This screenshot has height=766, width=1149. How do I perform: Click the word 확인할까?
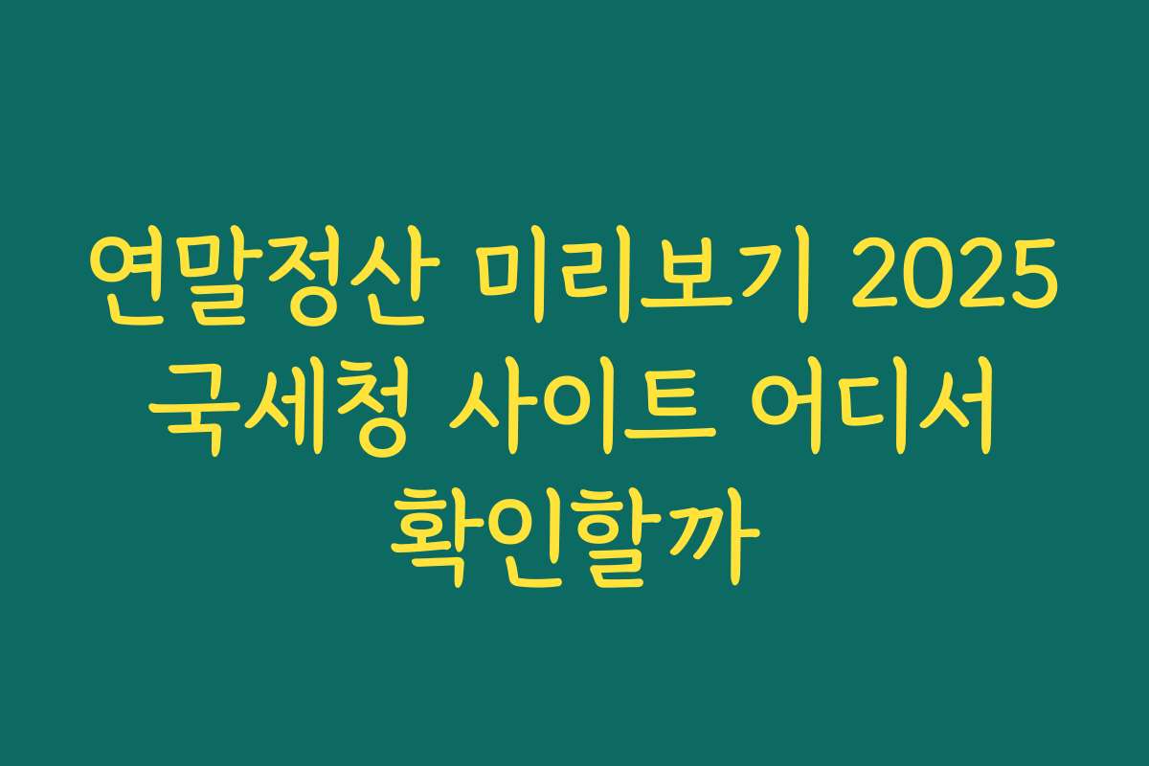[574, 532]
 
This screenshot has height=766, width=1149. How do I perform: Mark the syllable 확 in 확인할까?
[429, 532]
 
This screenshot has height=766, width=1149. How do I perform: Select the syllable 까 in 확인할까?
[719, 532]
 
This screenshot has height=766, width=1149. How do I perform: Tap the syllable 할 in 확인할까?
[622, 532]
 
